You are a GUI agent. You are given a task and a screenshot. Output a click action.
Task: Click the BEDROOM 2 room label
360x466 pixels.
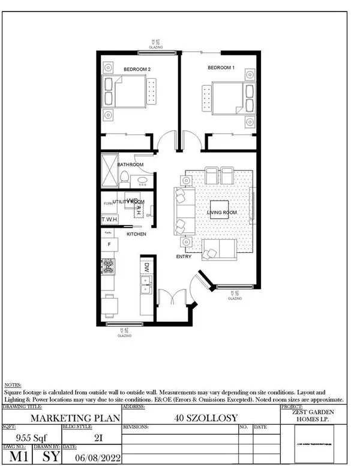137,70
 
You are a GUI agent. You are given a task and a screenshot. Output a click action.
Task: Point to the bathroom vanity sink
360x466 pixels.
142,181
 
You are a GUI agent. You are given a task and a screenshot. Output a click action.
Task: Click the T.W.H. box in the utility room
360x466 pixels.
110,220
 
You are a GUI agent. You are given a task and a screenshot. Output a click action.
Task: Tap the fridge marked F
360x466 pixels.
109,244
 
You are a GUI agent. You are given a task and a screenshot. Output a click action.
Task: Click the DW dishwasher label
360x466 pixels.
146,266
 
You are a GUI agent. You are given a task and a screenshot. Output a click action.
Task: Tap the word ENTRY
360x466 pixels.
184,256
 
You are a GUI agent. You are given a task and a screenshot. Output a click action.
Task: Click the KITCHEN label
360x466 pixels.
136,234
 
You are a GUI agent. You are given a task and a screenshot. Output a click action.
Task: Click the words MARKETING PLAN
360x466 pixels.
62,418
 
